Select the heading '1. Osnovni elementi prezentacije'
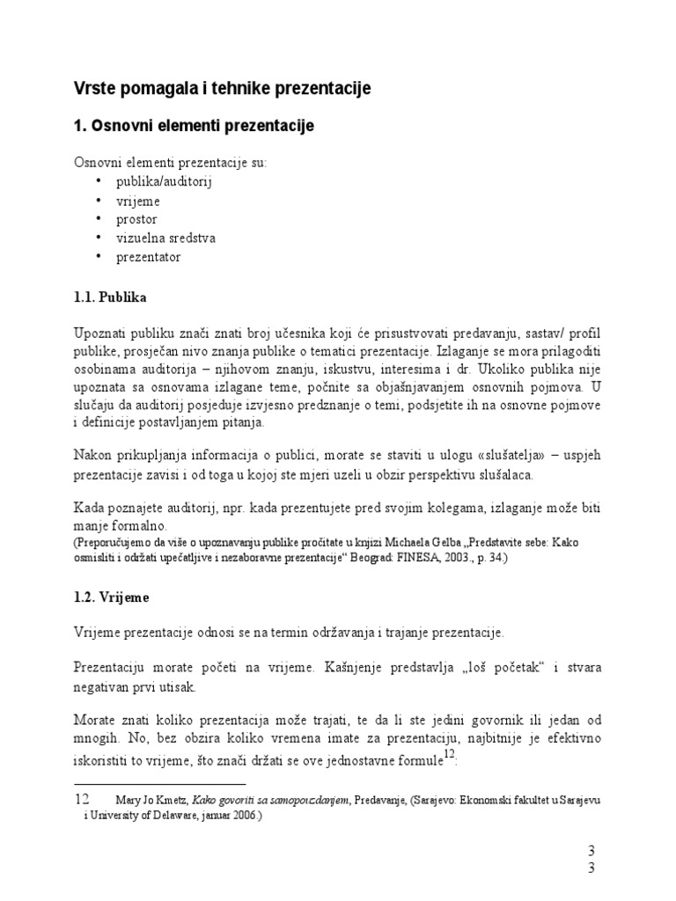click(193, 127)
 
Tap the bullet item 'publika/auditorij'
click(165, 182)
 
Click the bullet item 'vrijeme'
click(138, 201)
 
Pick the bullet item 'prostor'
click(136, 219)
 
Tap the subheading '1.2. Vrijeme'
click(111, 597)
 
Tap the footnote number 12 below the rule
click(82, 800)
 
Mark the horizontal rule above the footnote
click(159, 783)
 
